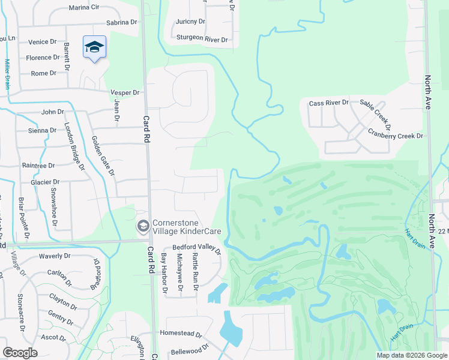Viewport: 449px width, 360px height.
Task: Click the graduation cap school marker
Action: (94, 47)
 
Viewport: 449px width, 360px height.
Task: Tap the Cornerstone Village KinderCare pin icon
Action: (143, 226)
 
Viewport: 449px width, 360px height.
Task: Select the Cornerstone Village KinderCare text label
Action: (187, 226)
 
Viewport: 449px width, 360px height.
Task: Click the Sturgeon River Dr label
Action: (202, 39)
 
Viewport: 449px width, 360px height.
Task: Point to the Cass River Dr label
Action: (328, 103)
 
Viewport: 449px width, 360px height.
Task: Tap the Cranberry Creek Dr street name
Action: (396, 136)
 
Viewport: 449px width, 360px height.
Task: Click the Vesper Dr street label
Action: (125, 92)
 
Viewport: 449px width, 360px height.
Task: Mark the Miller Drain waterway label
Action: (8, 74)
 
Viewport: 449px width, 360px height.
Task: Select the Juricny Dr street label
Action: (191, 22)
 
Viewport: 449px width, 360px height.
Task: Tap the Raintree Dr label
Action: (38, 165)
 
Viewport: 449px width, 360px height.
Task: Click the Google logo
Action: (20, 352)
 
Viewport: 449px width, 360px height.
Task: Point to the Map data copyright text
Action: (411, 355)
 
